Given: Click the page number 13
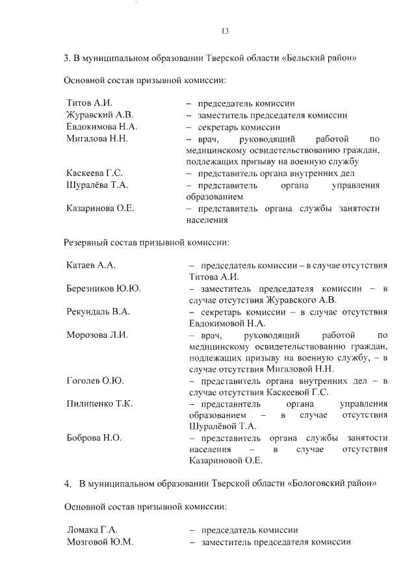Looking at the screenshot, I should pyautogui.click(x=225, y=31).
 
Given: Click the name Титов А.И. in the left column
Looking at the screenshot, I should pyautogui.click(x=90, y=103).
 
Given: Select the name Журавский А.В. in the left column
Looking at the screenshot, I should pyautogui.click(x=100, y=115).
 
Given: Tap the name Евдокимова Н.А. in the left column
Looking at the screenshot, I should pyautogui.click(x=102, y=127).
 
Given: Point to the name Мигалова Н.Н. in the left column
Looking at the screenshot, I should pyautogui.click(x=97, y=138).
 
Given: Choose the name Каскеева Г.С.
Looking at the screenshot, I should pyautogui.click(x=94, y=173).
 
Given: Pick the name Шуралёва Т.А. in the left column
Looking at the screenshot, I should pyautogui.click(x=97, y=185).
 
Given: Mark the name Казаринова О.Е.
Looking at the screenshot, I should pyautogui.click(x=100, y=209).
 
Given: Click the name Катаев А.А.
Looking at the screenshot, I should pyautogui.click(x=91, y=266).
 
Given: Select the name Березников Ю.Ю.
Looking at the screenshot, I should pyautogui.click(x=104, y=288).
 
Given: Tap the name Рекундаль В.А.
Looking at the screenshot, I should pyautogui.click(x=98, y=311).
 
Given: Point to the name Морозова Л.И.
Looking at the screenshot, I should pyautogui.click(x=97, y=335).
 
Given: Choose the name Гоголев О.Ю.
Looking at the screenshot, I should pyautogui.click(x=95, y=381).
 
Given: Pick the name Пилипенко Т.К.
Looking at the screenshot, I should pyautogui.click(x=99, y=403).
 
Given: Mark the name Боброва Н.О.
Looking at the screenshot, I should pyautogui.click(x=94, y=438).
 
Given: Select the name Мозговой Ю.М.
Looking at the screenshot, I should pyautogui.click(x=100, y=542).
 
